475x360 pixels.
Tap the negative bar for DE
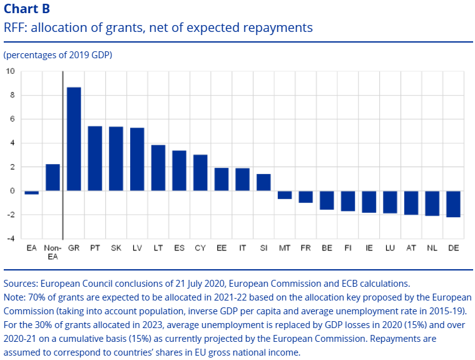[x=454, y=204]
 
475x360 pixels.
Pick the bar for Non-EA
[x=53, y=178]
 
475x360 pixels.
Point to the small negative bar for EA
[x=32, y=193]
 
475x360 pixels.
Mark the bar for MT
[x=285, y=195]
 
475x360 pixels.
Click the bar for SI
[x=263, y=183]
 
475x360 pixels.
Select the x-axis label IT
[x=242, y=248]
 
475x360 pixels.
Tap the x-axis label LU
[x=390, y=248]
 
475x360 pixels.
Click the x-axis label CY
[x=200, y=248]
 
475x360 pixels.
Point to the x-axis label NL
[x=432, y=248]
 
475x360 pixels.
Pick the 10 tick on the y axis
[x=10, y=71]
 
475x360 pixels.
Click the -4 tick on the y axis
[x=10, y=239]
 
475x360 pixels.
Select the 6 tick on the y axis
[x=11, y=119]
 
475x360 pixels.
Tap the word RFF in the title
[x=15, y=28]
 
